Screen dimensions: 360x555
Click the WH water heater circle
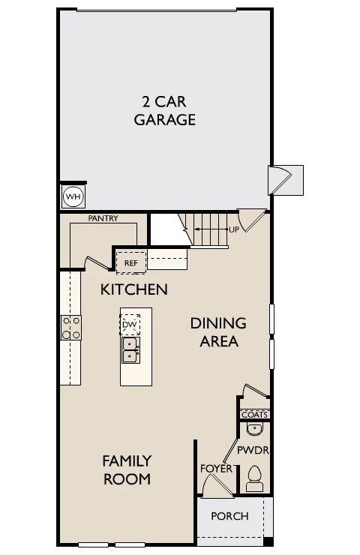point(73,196)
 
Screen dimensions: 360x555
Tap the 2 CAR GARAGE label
point(164,110)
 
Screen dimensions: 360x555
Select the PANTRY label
point(103,218)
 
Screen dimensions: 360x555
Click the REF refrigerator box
point(131,262)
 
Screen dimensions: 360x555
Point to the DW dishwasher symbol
point(130,325)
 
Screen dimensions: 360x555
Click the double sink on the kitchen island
point(130,349)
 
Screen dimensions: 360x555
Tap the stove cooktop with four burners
point(70,328)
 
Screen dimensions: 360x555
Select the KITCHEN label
point(133,289)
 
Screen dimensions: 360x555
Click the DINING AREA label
point(218,332)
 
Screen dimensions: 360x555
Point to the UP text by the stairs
point(234,229)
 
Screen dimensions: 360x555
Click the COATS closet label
point(254,415)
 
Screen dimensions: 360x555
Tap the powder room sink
point(254,429)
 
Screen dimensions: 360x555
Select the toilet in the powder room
point(254,478)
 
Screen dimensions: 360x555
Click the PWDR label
point(253,450)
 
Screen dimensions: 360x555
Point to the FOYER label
point(216,469)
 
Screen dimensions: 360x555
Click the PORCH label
point(229,516)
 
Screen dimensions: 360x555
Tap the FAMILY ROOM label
point(127,469)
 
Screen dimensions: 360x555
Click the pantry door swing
point(96,262)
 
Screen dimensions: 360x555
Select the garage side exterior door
point(280,180)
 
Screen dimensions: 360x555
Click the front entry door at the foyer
point(217,485)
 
